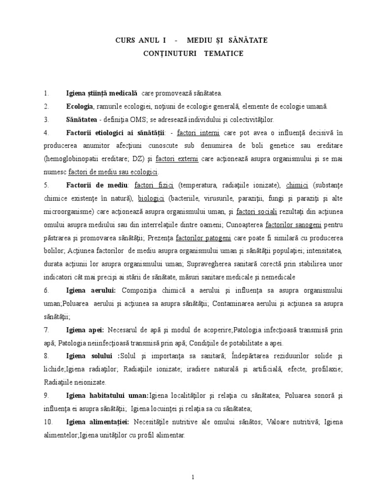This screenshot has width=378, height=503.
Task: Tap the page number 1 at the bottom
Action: click(193, 476)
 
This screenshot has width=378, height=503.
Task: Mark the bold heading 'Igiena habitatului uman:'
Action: click(107, 396)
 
